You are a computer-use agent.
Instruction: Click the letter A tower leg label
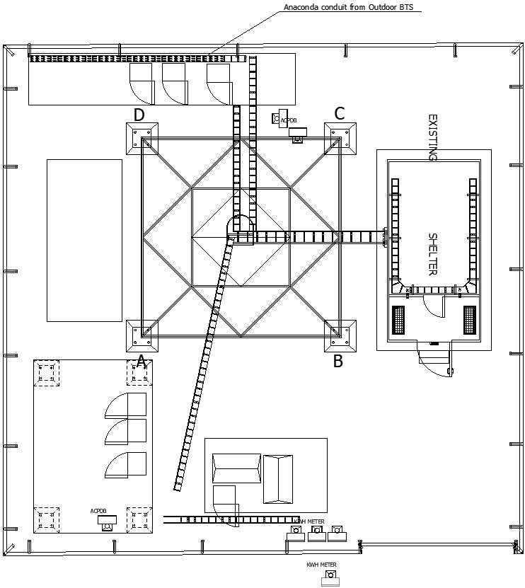coord(141,362)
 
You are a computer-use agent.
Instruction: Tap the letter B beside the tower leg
coord(338,362)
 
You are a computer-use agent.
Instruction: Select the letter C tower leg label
coord(340,113)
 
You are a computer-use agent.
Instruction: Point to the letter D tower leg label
coord(139,115)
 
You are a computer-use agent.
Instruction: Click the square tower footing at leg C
coord(340,138)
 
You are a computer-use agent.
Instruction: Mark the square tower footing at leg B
coord(340,335)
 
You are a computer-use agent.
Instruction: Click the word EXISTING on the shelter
coord(434,138)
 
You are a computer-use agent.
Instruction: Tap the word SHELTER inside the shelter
coord(434,254)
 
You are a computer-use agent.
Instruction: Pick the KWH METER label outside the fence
coord(321,565)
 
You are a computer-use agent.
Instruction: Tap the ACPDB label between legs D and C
coord(289,121)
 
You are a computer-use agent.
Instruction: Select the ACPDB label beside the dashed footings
coord(98,511)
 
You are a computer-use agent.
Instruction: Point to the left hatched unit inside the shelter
coord(400,320)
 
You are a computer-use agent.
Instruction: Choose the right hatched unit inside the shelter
coord(470,320)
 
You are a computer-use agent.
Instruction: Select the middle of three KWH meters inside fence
coord(316,533)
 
